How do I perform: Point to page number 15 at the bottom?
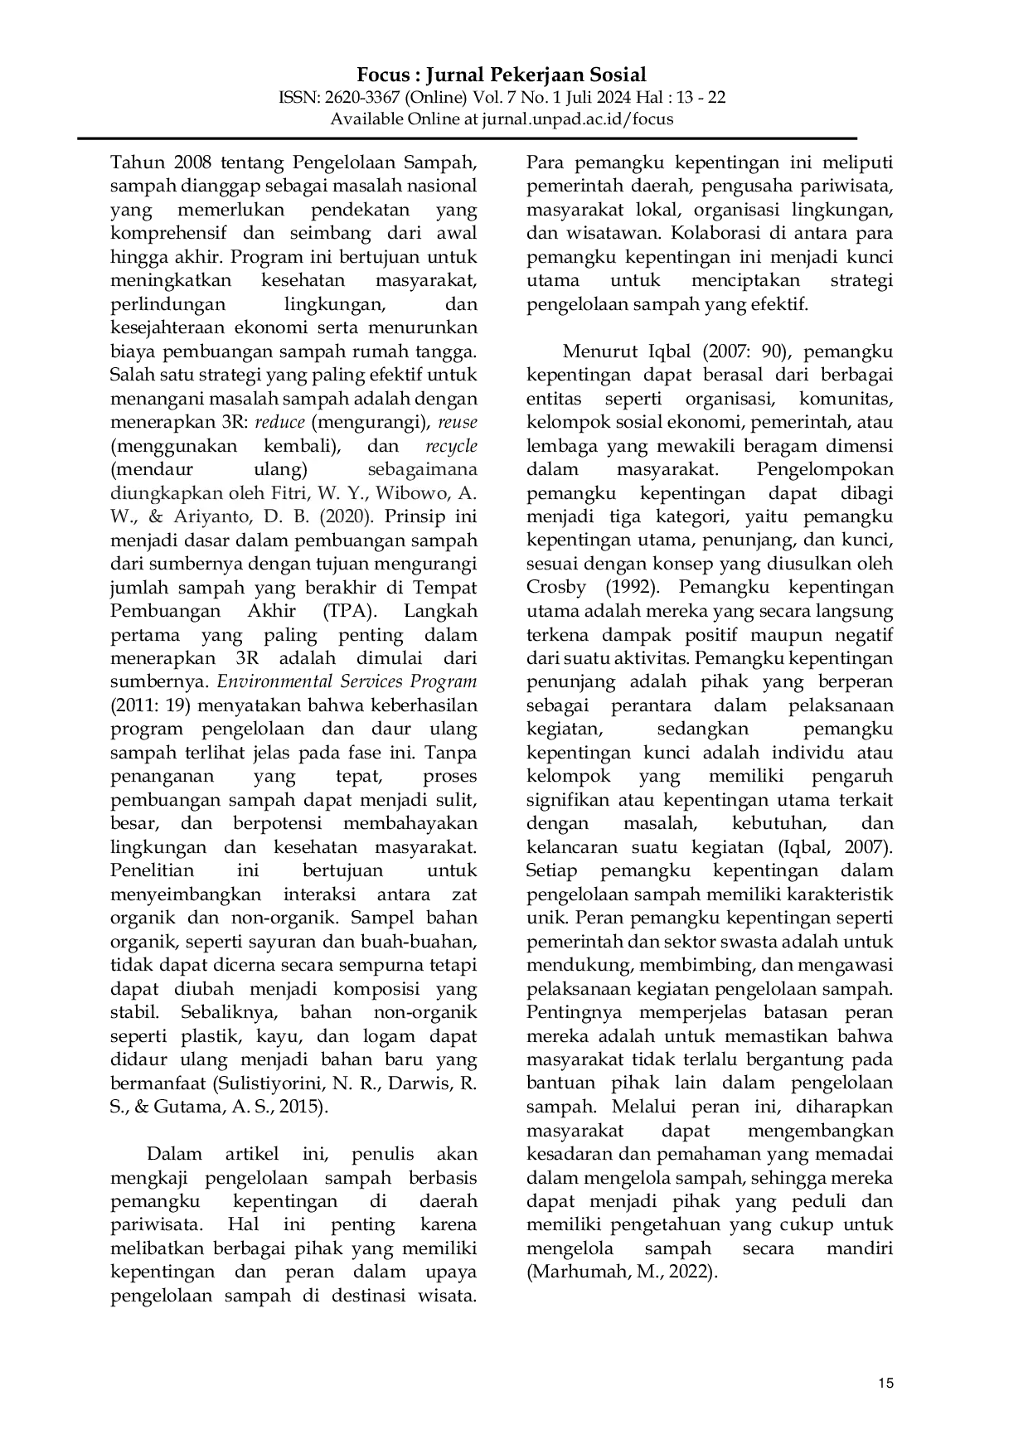tap(885, 1383)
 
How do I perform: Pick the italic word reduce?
tap(279, 422)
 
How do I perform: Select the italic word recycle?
tap(451, 446)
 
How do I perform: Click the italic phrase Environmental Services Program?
tap(347, 682)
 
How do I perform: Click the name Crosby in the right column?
tap(556, 588)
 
